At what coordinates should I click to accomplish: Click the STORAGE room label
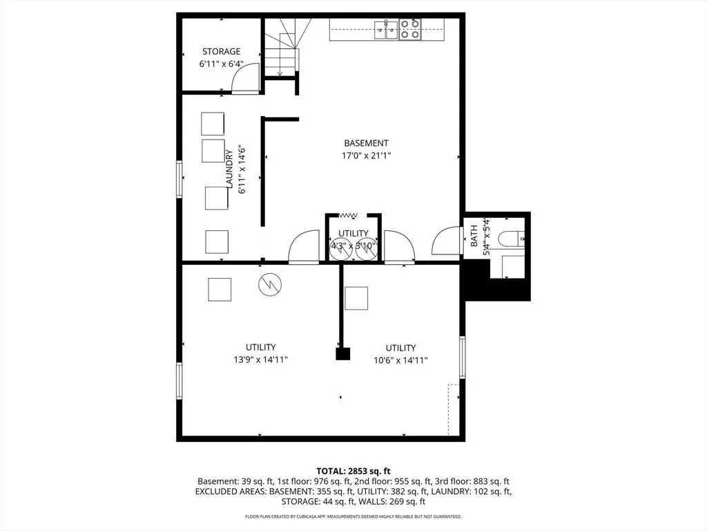pyautogui.click(x=221, y=51)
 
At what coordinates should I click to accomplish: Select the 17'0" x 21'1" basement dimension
pyautogui.click(x=366, y=156)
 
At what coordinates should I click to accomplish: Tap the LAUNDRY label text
pyautogui.click(x=229, y=169)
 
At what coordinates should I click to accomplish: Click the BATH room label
pyautogui.click(x=474, y=236)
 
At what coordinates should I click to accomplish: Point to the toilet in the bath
pyautogui.click(x=512, y=239)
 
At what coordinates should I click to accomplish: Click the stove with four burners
pyautogui.click(x=410, y=29)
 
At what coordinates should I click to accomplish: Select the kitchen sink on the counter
pyautogui.click(x=387, y=30)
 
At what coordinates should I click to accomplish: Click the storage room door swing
pyautogui.click(x=245, y=77)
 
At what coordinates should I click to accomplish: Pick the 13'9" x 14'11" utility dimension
pyautogui.click(x=260, y=360)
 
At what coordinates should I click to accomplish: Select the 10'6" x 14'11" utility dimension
pyautogui.click(x=401, y=360)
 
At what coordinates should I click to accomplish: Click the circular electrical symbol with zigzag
pyautogui.click(x=270, y=284)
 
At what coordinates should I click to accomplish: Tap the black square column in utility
pyautogui.click(x=343, y=353)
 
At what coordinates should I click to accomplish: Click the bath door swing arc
pyautogui.click(x=447, y=239)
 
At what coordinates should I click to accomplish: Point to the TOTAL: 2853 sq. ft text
pyautogui.click(x=353, y=472)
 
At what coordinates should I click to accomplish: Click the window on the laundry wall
pyautogui.click(x=180, y=179)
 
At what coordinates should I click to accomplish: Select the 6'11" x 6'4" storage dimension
pyautogui.click(x=222, y=64)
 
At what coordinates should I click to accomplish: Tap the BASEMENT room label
pyautogui.click(x=366, y=143)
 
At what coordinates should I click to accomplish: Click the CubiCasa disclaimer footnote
pyautogui.click(x=353, y=516)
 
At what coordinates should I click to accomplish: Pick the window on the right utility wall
pyautogui.click(x=462, y=357)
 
